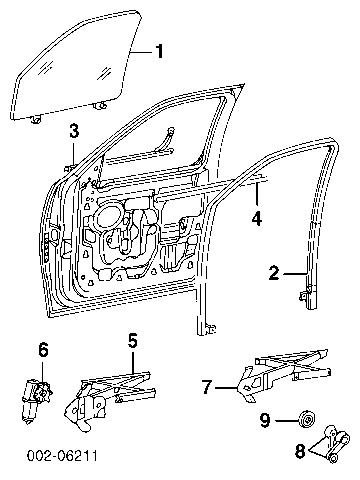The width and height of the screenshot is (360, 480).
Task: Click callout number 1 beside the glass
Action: click(159, 51)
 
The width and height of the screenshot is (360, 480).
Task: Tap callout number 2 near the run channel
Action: click(274, 273)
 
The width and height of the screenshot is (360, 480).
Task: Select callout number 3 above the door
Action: click(74, 130)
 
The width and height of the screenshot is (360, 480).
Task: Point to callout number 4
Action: click(257, 218)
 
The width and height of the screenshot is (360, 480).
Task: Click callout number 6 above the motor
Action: click(43, 350)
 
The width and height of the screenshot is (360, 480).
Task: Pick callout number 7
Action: click(207, 387)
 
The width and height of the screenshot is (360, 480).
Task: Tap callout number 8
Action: click(300, 452)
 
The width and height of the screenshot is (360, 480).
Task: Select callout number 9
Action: click(265, 421)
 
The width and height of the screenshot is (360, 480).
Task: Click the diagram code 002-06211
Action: click(62, 456)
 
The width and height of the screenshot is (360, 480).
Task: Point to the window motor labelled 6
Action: click(36, 401)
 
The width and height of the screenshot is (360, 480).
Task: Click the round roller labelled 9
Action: click(306, 419)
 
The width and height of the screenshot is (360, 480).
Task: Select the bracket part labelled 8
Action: click(331, 444)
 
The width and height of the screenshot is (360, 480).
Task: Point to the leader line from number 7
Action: click(226, 388)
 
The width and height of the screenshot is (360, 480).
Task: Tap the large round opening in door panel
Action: click(108, 218)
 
